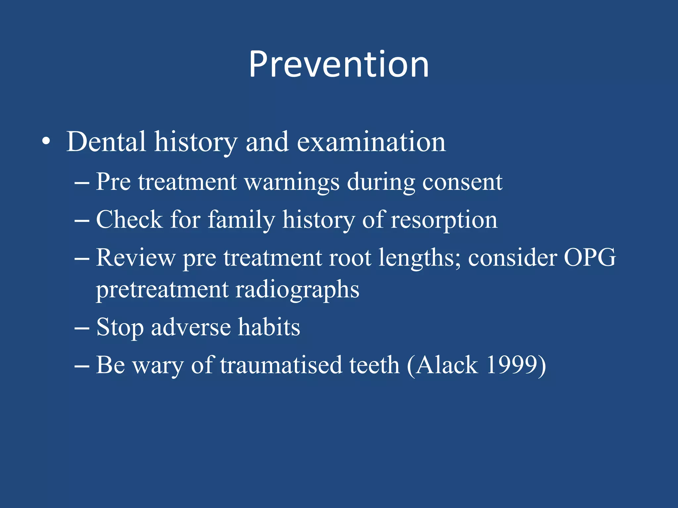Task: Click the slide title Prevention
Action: (x=339, y=64)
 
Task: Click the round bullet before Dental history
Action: (x=46, y=142)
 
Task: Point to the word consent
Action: (x=462, y=182)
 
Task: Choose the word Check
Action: (x=129, y=220)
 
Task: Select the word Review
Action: (x=136, y=258)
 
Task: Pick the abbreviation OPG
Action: (x=589, y=258)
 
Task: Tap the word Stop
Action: (x=120, y=328)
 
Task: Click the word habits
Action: (x=269, y=327)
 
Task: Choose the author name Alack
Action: (x=447, y=365)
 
